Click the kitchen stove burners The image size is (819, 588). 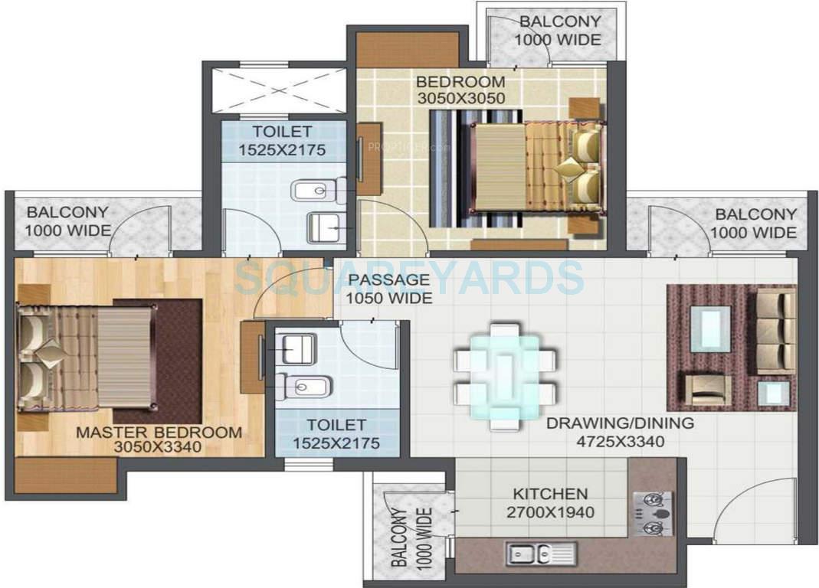[x=653, y=514]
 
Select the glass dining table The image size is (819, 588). [x=504, y=376]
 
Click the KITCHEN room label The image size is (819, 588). [x=550, y=495]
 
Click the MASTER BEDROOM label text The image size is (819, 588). [x=159, y=433]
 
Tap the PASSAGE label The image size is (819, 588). [x=388, y=280]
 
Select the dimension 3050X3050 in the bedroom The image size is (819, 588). [x=460, y=98]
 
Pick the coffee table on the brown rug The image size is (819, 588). [x=710, y=329]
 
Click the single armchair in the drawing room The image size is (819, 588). [x=708, y=388]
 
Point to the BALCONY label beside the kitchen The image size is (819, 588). [x=399, y=537]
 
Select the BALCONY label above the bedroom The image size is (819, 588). [x=559, y=21]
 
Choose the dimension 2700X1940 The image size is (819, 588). [x=550, y=512]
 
